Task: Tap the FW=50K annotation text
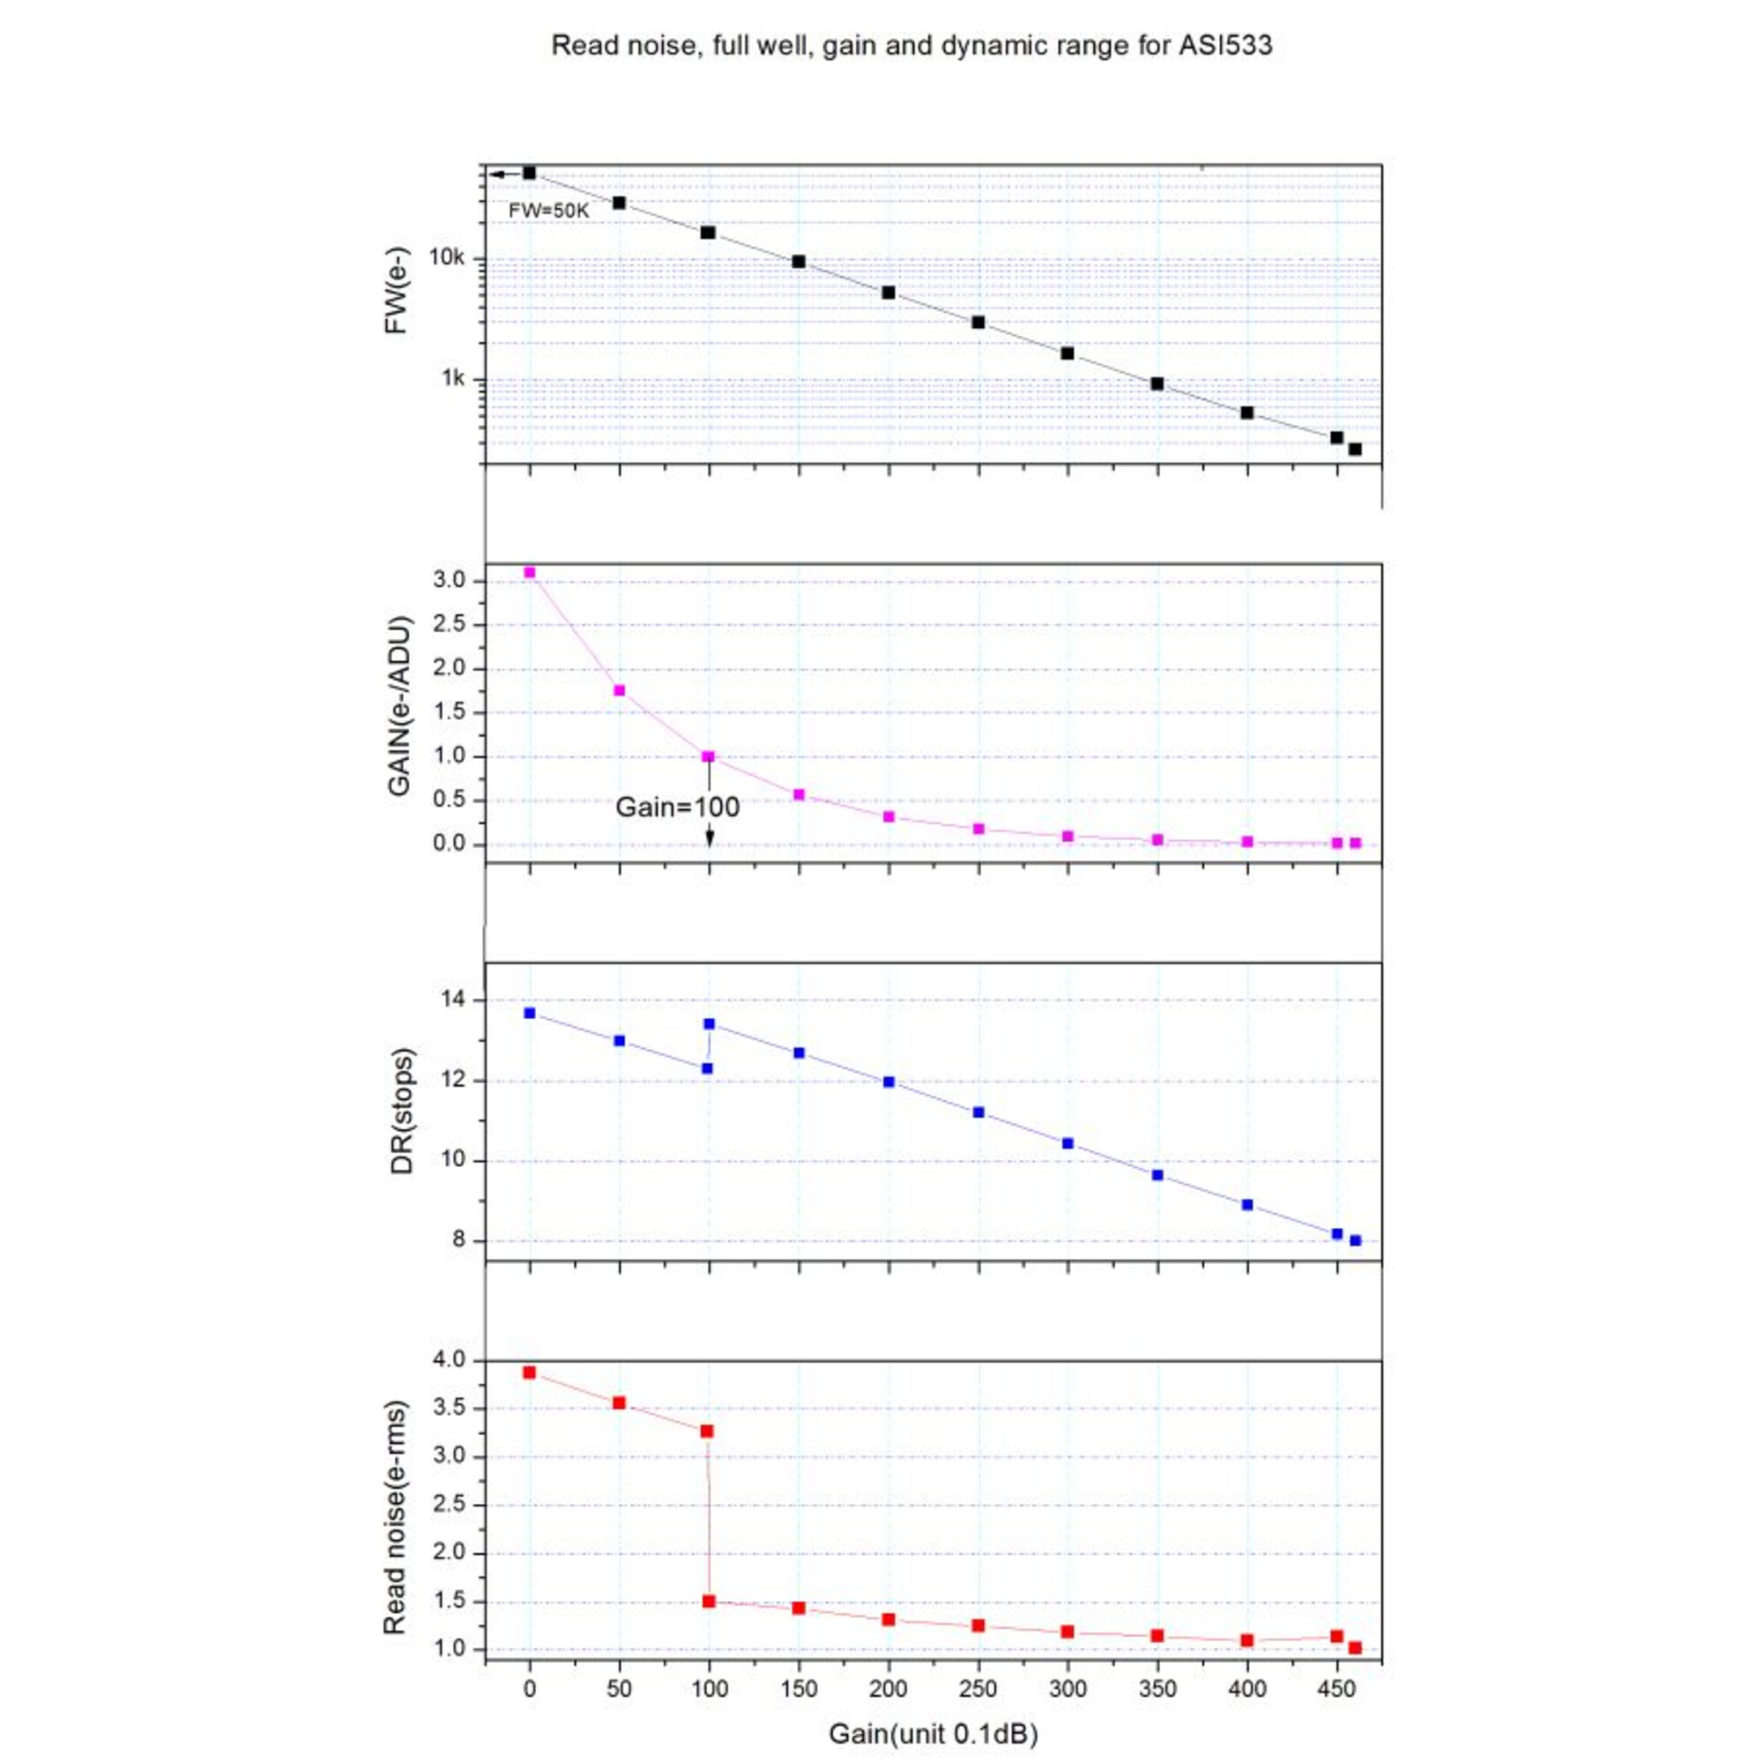[548, 211]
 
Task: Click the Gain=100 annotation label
[677, 807]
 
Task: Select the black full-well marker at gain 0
[529, 173]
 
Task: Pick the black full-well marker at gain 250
[978, 322]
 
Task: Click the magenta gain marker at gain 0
[529, 572]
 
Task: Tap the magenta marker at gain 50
[619, 690]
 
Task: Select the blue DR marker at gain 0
[529, 1013]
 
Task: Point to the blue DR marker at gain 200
[889, 1082]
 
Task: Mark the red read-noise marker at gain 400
[1247, 1640]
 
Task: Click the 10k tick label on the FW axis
[447, 259]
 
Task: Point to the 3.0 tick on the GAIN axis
[450, 581]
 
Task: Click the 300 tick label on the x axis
[1067, 1689]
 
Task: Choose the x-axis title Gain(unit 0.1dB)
[933, 1734]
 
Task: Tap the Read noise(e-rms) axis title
[394, 1516]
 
